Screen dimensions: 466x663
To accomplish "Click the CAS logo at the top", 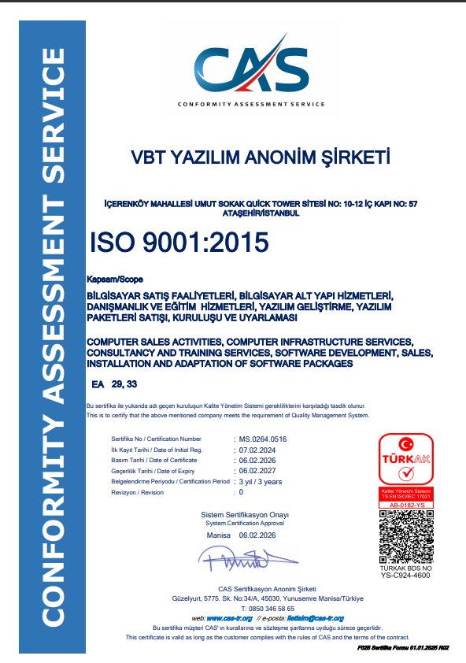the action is pos(251,70).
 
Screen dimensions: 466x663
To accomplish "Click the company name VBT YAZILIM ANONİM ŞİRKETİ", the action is pos(261,157).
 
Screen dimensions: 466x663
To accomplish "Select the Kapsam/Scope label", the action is pos(110,279).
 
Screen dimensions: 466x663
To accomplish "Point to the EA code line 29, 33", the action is pos(115,383).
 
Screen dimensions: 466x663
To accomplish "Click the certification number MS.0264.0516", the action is pos(263,439).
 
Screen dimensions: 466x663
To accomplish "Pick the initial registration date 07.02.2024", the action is pos(258,449).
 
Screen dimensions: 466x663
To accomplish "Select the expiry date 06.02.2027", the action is pos(258,470).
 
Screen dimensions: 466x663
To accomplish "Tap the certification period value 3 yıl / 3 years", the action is pos(260,481).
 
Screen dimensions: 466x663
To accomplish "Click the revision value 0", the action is pos(241,492).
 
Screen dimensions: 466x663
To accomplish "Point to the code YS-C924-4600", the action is pos(405,576).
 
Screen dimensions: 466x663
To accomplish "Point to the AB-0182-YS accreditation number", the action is pos(405,504).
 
